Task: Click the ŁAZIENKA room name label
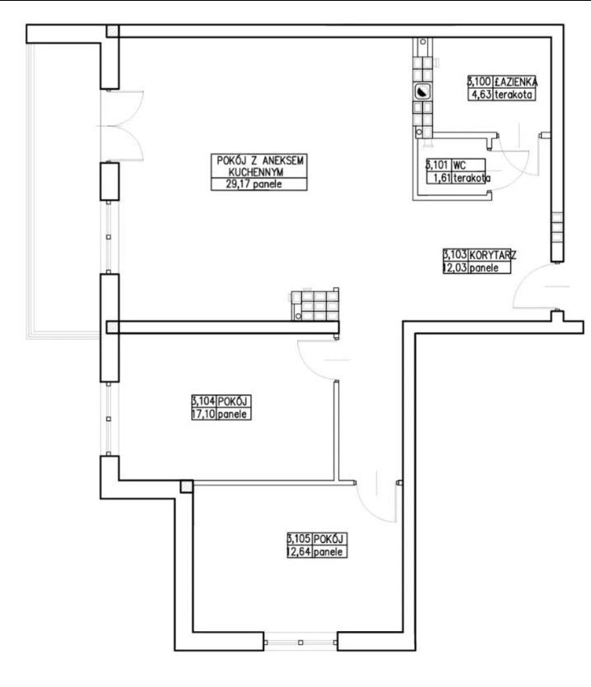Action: (x=515, y=81)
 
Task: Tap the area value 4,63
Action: (x=481, y=94)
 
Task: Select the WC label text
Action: (x=459, y=165)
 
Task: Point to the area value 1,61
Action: (x=441, y=178)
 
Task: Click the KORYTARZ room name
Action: (x=492, y=254)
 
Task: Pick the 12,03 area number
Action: (x=454, y=267)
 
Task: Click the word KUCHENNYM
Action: (x=256, y=172)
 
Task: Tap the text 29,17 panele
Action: (x=254, y=184)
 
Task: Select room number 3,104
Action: (x=203, y=401)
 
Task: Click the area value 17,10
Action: (x=203, y=414)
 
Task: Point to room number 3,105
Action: (x=299, y=538)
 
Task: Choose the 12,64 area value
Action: (x=299, y=551)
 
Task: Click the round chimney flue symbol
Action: (x=421, y=92)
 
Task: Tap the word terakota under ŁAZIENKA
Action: (x=514, y=94)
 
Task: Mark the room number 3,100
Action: (x=479, y=81)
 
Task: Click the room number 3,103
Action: (x=454, y=254)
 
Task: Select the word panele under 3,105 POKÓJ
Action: (x=328, y=552)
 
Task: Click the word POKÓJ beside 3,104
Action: (x=233, y=401)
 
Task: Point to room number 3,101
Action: (x=438, y=165)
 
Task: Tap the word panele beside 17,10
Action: (x=232, y=415)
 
